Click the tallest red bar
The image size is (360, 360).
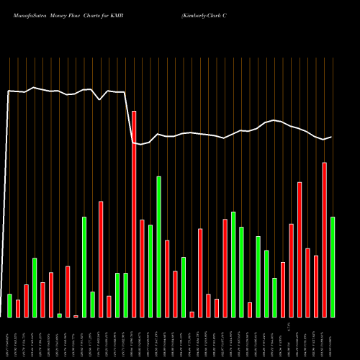134,214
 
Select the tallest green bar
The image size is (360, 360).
158,246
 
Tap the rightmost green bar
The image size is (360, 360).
333,266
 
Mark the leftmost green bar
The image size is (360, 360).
9,305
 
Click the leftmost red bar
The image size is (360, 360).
18,308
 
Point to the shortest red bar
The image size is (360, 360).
76,316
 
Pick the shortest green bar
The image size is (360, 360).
59,315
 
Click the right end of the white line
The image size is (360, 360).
331,137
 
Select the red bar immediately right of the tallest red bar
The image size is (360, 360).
142,268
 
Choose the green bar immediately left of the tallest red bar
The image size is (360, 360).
125,295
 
